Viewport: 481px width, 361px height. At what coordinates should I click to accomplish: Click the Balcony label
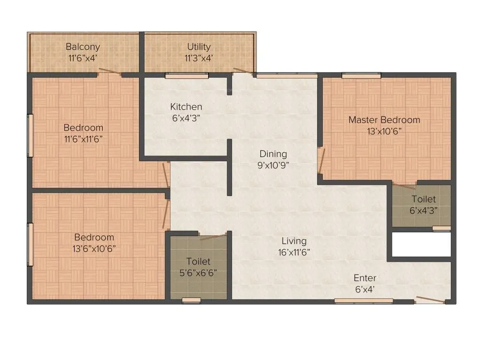[x=83, y=47]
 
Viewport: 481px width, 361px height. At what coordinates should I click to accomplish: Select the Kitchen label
[x=186, y=107]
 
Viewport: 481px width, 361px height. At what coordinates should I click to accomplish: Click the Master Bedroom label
[x=384, y=120]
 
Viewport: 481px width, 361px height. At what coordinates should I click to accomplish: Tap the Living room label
[x=294, y=241]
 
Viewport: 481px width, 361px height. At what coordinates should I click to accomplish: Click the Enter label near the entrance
[x=365, y=278]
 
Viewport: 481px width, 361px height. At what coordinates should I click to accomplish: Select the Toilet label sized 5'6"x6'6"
[x=198, y=261]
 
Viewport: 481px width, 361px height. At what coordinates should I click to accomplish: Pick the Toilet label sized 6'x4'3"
[x=423, y=200]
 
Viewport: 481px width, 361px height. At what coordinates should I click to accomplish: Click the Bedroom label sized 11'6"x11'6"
[x=83, y=127]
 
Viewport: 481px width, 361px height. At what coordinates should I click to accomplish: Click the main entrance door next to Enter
[x=430, y=299]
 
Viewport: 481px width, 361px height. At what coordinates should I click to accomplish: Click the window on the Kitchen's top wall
[x=180, y=75]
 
